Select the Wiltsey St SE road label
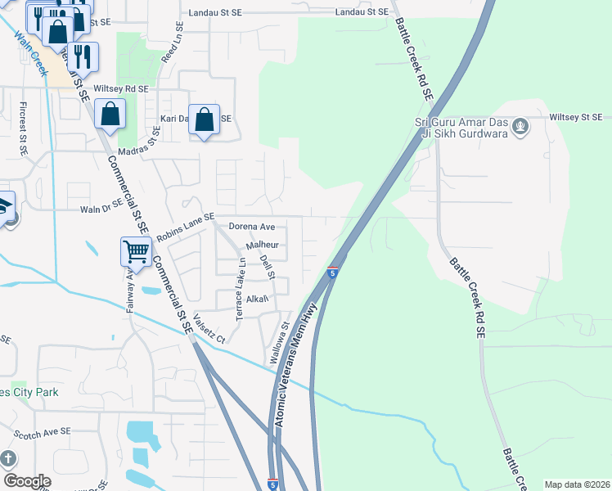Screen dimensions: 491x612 click(x=575, y=118)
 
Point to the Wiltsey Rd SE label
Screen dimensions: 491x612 click(x=121, y=88)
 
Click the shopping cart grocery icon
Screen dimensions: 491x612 click(x=135, y=251)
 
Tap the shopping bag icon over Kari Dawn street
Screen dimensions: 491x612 click(x=205, y=119)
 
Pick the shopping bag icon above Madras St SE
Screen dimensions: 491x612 click(x=110, y=114)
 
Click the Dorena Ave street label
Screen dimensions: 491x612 click(x=252, y=227)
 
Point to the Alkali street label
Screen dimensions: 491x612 click(x=257, y=299)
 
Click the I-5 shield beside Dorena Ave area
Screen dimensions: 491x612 click(x=333, y=272)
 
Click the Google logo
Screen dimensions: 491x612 click(x=27, y=481)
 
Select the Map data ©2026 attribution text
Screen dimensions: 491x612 click(x=576, y=484)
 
